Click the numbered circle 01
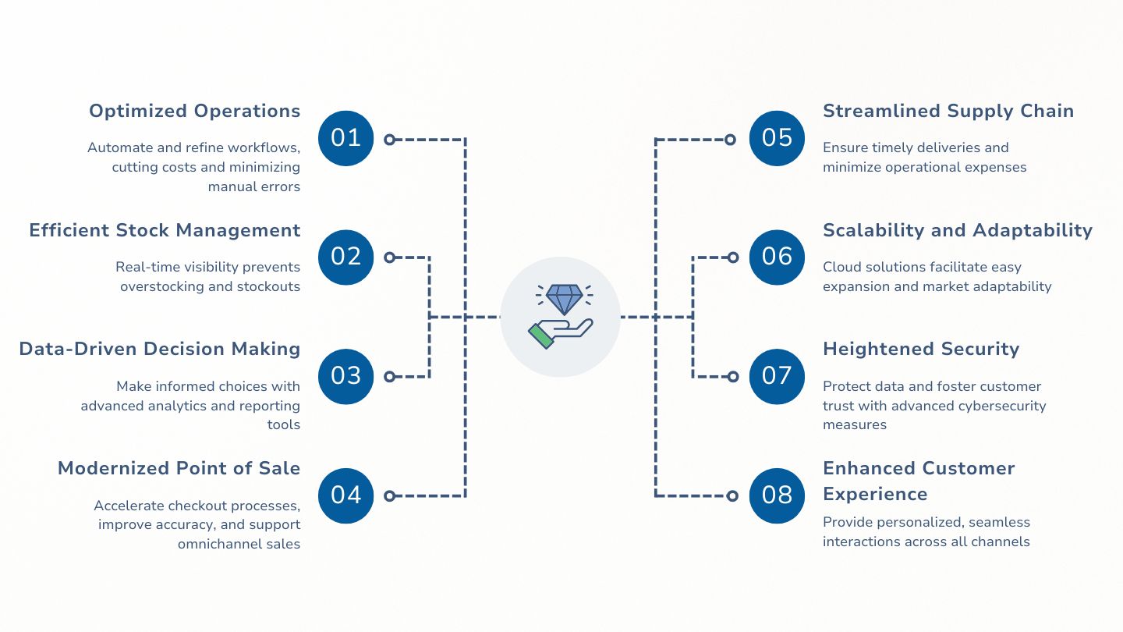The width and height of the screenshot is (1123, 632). pos(346,139)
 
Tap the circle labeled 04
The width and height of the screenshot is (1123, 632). pos(346,495)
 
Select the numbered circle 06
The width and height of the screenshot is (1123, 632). pos(777,257)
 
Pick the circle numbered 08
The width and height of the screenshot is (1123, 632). pos(777,495)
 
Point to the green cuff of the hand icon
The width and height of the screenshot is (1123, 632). pos(540,336)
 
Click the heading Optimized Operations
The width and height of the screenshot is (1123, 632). pos(194,111)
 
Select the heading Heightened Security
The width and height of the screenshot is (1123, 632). pos(921,349)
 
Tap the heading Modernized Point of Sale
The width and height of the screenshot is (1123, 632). pos(179,468)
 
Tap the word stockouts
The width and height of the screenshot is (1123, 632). pos(270,286)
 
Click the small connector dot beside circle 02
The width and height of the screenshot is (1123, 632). pos(390,257)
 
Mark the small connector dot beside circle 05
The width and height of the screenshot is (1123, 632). pos(730,140)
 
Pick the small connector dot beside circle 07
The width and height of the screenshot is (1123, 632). pos(732,376)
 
